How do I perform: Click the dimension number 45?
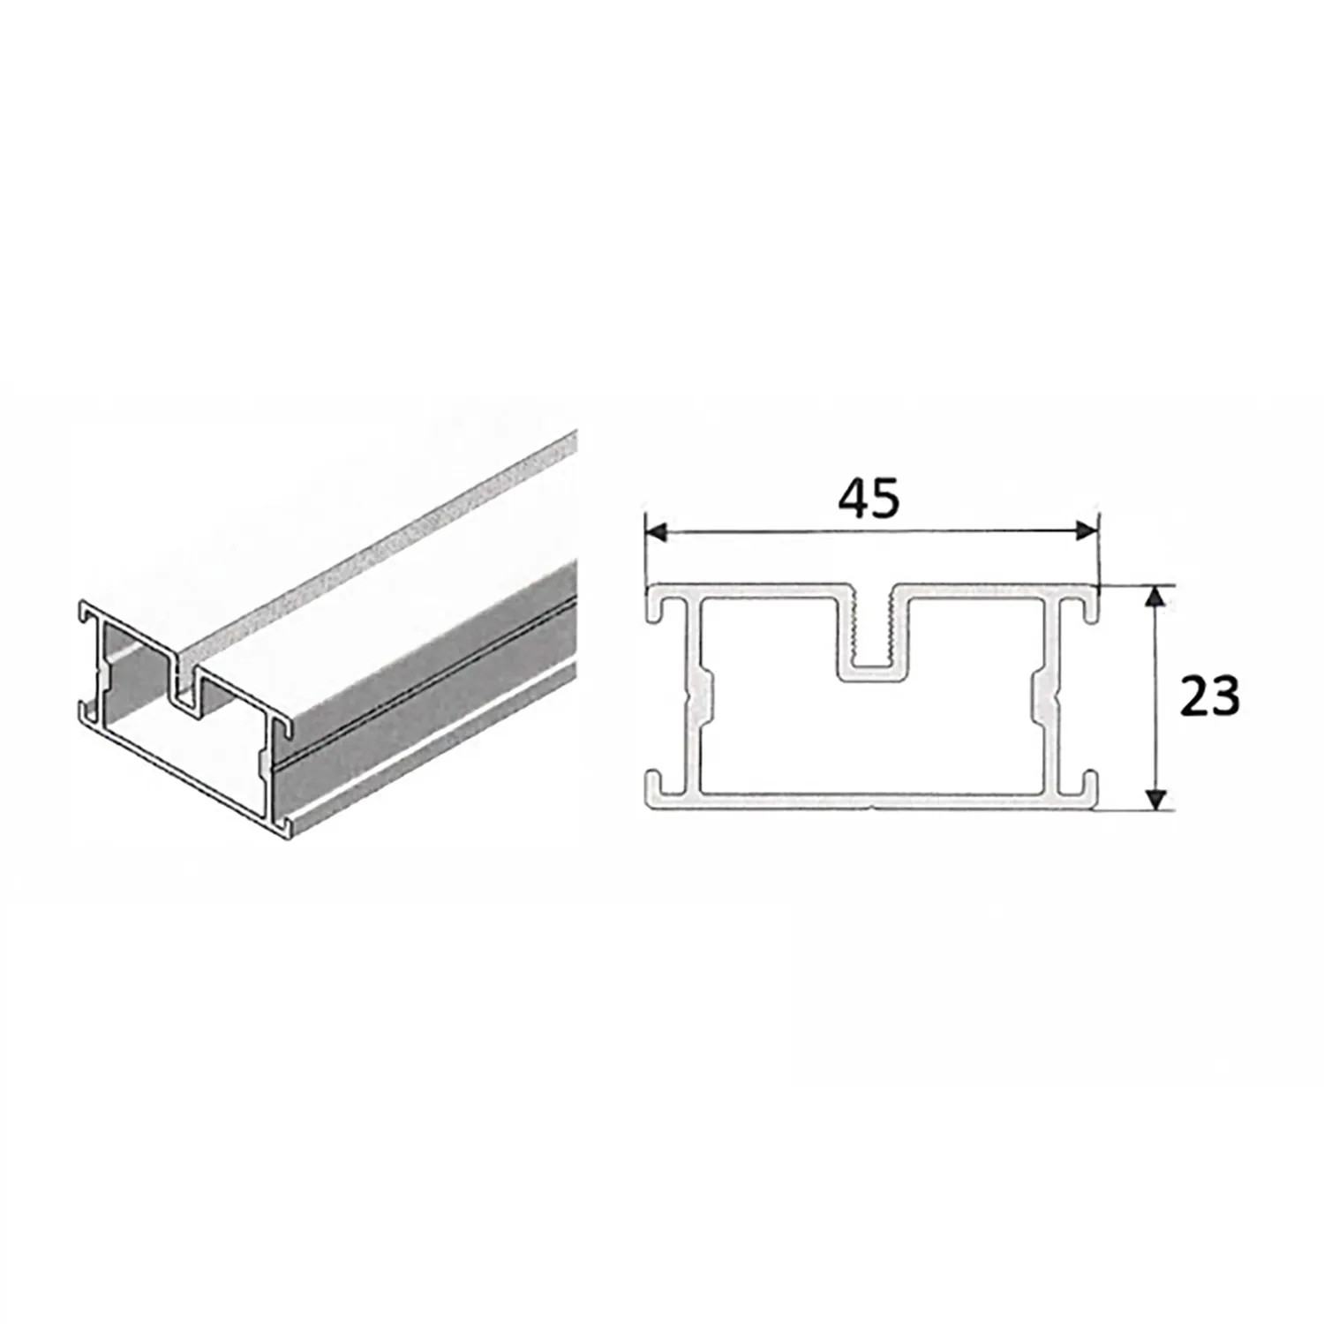pos(869,499)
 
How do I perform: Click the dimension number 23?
pos(1210,697)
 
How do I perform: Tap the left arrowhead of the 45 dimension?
pos(655,531)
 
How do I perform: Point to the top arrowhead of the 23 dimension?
pos(1155,597)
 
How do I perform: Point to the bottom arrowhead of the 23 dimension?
pos(1155,798)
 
